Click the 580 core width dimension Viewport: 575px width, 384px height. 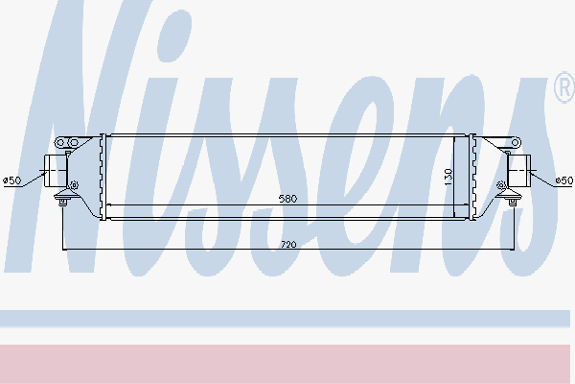(x=287, y=199)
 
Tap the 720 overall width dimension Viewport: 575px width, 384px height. (x=288, y=245)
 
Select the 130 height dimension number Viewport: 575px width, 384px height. (x=448, y=177)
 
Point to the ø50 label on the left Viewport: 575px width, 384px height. (x=12, y=180)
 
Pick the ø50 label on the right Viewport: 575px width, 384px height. (x=564, y=180)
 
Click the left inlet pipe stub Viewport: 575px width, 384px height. (x=56, y=171)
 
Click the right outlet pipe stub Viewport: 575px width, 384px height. (x=518, y=171)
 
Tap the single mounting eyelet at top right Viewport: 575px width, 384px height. (x=516, y=143)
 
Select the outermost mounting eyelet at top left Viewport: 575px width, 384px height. (x=60, y=143)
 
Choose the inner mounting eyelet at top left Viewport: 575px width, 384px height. (x=74, y=143)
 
